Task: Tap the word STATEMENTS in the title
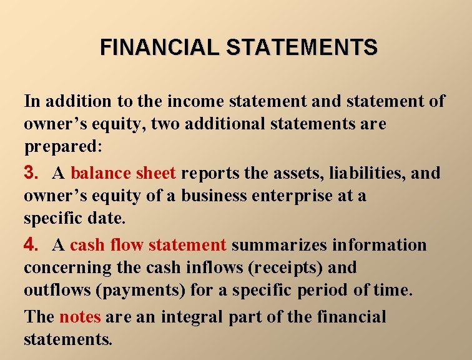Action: pos(302,47)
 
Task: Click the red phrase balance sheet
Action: pos(123,172)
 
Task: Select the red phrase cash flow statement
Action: pos(148,244)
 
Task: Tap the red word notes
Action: pos(80,316)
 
